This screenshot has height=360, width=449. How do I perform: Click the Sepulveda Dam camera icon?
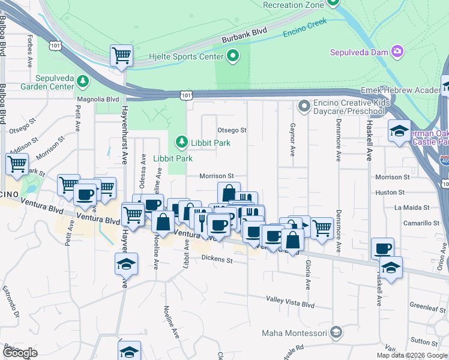[x=397, y=52]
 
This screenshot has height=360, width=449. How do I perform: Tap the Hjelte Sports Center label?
[x=186, y=58]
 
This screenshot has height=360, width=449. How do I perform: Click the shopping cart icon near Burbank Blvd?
[x=122, y=56]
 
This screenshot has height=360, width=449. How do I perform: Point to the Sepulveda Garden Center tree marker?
[x=82, y=80]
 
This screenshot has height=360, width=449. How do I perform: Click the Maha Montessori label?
[x=294, y=332]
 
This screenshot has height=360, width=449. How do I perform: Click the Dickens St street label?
[x=217, y=260]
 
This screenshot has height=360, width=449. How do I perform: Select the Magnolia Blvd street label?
[x=98, y=99]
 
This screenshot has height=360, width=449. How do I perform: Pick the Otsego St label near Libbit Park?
[x=232, y=130]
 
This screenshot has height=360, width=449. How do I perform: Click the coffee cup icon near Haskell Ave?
[x=383, y=248]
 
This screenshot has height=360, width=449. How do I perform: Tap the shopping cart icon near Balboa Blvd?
[x=17, y=164]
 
